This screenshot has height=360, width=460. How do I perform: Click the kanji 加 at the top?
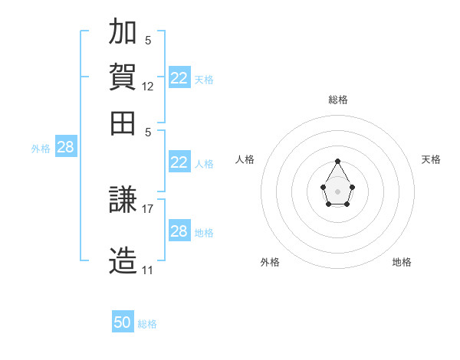click(x=123, y=31)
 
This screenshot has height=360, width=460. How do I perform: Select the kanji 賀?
click(x=123, y=77)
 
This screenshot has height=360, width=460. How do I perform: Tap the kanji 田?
click(x=123, y=123)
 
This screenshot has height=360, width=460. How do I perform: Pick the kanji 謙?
click(x=123, y=199)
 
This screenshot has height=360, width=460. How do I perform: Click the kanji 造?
click(x=123, y=260)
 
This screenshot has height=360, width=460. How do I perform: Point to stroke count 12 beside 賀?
click(x=147, y=87)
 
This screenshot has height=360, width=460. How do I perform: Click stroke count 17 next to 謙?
click(x=147, y=209)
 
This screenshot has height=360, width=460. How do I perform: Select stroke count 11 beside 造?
click(x=147, y=270)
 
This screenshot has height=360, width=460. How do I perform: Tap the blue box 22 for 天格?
click(x=179, y=77)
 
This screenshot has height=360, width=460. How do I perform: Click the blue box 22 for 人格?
click(x=179, y=162)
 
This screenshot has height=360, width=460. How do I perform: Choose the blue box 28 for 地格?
click(x=179, y=230)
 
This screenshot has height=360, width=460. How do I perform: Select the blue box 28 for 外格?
click(x=66, y=146)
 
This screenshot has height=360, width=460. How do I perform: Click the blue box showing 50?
click(x=123, y=321)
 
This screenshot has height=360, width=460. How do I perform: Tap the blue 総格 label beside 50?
click(x=147, y=324)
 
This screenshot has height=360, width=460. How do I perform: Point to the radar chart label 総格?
click(x=338, y=100)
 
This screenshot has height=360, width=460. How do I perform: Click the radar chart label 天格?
click(x=431, y=159)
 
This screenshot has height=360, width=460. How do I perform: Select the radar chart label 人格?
click(x=245, y=159)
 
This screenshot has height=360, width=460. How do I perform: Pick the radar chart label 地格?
click(x=402, y=262)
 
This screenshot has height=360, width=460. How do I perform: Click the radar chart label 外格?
click(x=270, y=262)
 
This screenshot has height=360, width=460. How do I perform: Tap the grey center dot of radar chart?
click(x=337, y=191)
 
